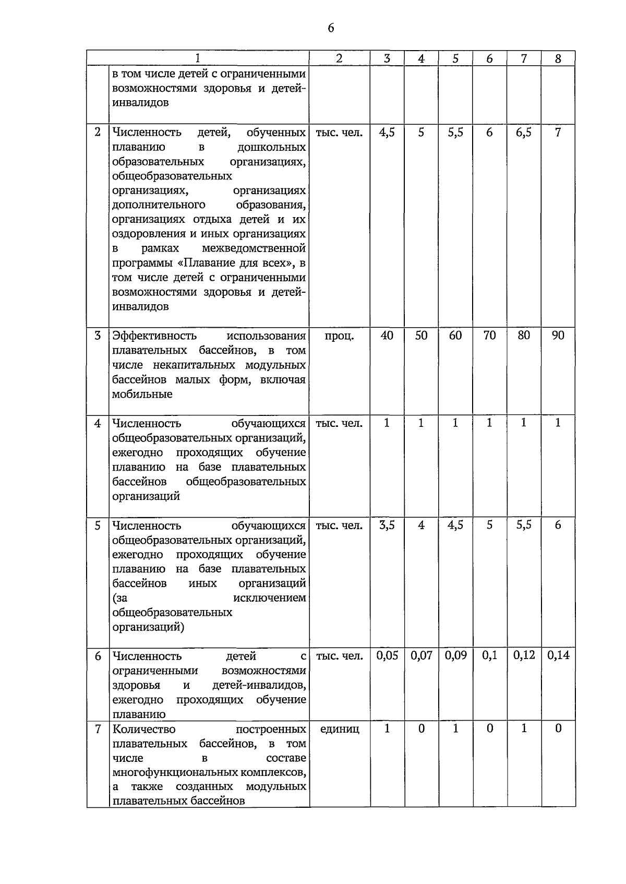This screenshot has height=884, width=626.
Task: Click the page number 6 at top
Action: (x=331, y=28)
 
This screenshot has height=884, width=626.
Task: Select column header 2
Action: (x=339, y=58)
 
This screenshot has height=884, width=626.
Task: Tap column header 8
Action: (x=558, y=58)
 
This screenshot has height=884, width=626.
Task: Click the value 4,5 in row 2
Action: (x=387, y=133)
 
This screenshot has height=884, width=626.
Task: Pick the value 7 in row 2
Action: (x=558, y=133)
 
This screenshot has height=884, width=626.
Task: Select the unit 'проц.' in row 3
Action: (x=339, y=336)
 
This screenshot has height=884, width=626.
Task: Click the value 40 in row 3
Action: (x=387, y=336)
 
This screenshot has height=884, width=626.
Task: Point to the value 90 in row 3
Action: (x=558, y=336)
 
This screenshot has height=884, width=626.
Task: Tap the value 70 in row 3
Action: (x=489, y=336)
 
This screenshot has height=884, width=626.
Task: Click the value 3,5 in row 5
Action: (x=387, y=525)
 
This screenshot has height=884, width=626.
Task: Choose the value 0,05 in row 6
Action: (x=387, y=656)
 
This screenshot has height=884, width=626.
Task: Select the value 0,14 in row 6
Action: (x=558, y=656)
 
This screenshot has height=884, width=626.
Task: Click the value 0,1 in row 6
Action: (x=489, y=656)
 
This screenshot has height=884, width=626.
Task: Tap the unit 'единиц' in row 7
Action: (x=339, y=730)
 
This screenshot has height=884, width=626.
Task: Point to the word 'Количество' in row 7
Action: (x=144, y=730)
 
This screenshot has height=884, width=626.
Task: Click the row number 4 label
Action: (x=98, y=423)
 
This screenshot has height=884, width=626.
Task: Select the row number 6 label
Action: (x=98, y=656)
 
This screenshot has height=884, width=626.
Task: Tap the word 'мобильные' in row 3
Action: (x=142, y=395)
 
